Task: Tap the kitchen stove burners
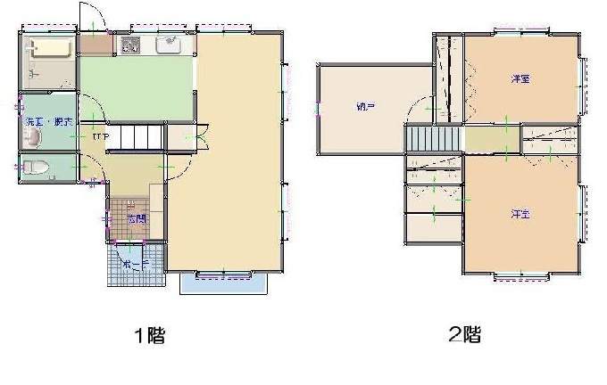click(x=131, y=43)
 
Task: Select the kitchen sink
click(x=169, y=44)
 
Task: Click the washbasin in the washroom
click(x=33, y=136)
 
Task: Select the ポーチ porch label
click(x=135, y=266)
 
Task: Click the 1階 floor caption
click(x=149, y=336)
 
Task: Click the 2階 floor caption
click(x=465, y=335)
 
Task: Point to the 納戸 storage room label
click(x=365, y=108)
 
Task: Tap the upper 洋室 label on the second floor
click(x=520, y=79)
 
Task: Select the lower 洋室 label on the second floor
click(x=521, y=215)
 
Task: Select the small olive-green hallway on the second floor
click(x=483, y=139)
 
